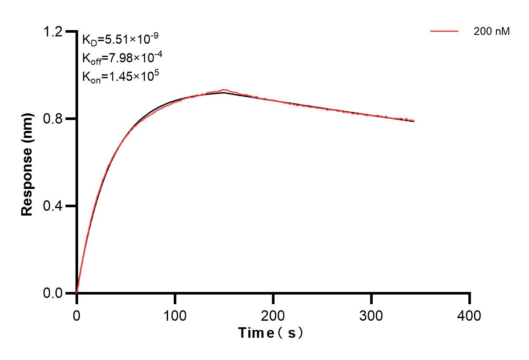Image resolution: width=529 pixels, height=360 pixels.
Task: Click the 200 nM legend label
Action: point(491,31)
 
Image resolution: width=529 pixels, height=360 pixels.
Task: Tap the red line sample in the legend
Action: point(444,31)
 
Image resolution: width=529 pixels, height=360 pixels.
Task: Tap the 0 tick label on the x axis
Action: point(77,315)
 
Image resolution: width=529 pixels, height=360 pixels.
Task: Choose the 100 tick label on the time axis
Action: point(175,315)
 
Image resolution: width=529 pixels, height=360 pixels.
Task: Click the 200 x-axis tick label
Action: point(273,315)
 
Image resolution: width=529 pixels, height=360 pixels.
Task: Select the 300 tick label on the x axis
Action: point(371,315)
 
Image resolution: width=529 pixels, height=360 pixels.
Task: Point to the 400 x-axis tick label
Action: point(470,315)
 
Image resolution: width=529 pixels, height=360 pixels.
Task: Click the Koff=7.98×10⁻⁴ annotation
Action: point(120,58)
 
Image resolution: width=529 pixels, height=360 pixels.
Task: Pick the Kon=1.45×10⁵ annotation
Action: point(120,76)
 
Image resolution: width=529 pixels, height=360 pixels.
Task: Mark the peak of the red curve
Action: point(224,90)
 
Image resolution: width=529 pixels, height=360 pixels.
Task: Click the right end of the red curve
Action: point(414,121)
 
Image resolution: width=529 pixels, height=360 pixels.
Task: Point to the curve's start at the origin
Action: point(77,293)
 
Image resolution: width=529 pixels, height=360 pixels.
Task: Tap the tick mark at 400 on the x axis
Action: point(470,298)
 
